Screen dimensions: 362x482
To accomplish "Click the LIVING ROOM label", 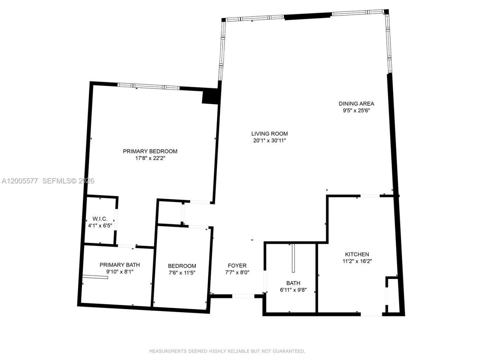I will [x=270, y=133].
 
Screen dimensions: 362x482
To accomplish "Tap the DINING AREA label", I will [x=356, y=104].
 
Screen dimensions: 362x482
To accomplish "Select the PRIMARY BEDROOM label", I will [x=150, y=151].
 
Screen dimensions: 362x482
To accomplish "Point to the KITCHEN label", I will [x=357, y=254].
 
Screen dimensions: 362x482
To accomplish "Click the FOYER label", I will [x=237, y=265].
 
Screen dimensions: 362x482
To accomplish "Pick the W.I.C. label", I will [x=100, y=219].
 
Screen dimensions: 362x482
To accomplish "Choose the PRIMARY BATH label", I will [x=120, y=265].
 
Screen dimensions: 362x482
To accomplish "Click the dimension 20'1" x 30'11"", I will [x=270, y=141].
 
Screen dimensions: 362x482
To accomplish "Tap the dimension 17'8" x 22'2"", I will [x=150, y=158].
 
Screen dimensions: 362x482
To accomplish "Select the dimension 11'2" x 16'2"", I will [x=357, y=261].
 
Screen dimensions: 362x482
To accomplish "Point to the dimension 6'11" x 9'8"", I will [x=293, y=290].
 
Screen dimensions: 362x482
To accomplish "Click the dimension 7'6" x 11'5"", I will [x=182, y=273].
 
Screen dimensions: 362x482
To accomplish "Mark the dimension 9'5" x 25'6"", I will [x=356, y=110].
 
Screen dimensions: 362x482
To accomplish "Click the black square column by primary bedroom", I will [x=210, y=97].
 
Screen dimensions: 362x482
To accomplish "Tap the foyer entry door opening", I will [x=243, y=296].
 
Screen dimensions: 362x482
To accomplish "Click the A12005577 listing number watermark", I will [x=20, y=181].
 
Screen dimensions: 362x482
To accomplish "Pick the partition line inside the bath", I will [x=293, y=258].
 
